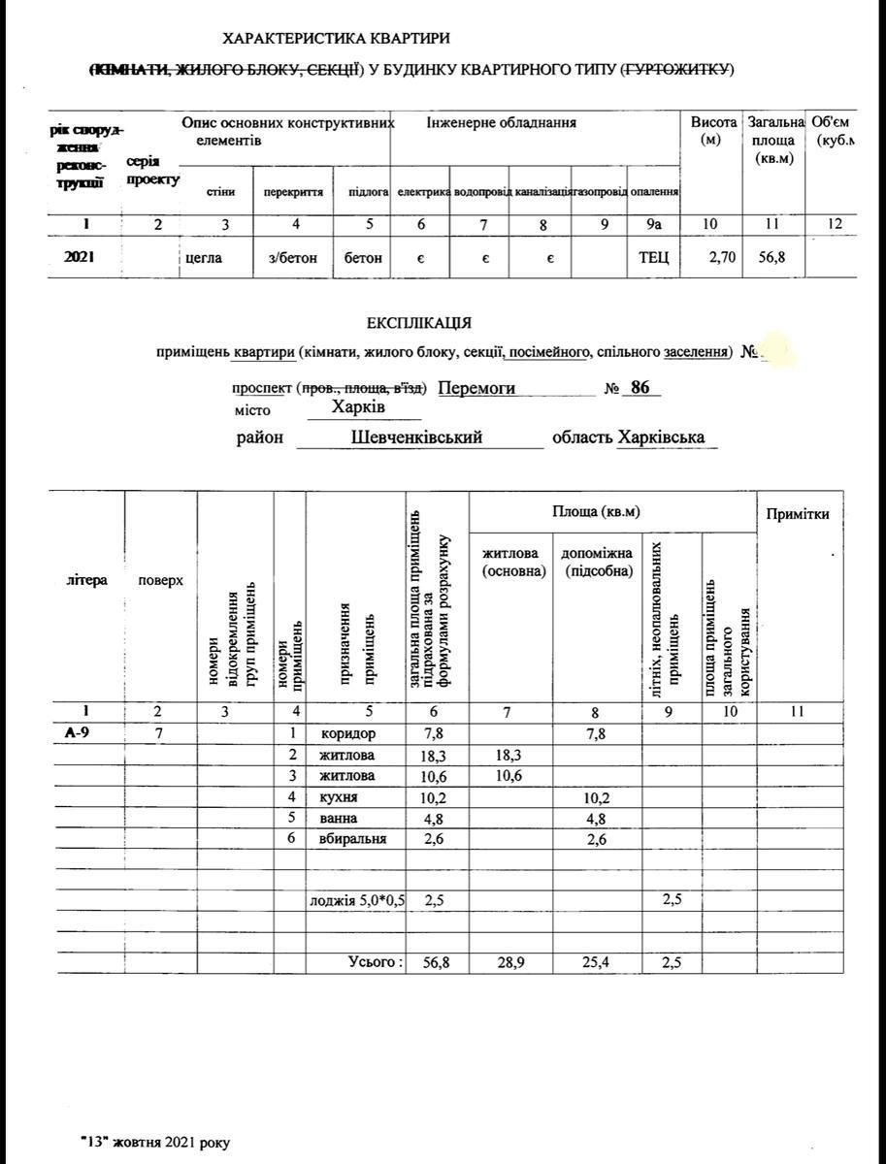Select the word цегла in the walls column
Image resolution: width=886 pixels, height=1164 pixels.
tap(204, 259)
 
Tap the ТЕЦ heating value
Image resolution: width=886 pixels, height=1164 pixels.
tap(653, 259)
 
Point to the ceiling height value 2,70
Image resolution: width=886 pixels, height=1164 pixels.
tap(710, 259)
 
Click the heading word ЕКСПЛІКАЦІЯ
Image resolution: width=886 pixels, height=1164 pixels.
tap(419, 323)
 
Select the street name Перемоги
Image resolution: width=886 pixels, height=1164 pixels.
tap(476, 388)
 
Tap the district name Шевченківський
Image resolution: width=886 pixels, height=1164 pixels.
tap(417, 437)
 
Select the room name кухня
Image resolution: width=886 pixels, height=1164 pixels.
tap(339, 797)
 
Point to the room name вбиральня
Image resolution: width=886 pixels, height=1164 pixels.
tap(353, 839)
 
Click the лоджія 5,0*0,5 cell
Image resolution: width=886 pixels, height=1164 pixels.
tap(356, 900)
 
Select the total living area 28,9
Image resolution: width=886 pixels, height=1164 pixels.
tap(509, 962)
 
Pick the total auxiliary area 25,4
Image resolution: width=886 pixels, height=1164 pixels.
tap(596, 962)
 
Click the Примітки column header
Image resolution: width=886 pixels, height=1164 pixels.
tap(798, 514)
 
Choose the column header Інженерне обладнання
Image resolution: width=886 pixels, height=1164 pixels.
tap(501, 123)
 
